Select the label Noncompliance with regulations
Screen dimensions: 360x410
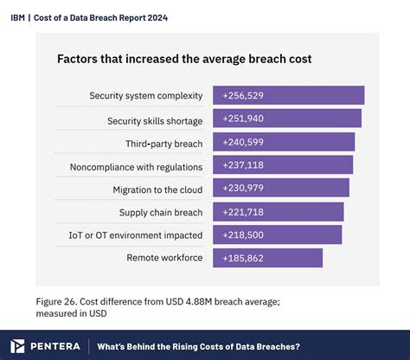pyautogui.click(x=136, y=165)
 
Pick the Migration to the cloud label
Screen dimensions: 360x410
pyautogui.click(x=157, y=189)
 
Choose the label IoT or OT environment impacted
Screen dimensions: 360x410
pyautogui.click(x=136, y=235)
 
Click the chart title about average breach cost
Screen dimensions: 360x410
pyautogui.click(x=184, y=60)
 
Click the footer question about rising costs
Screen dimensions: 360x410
pyautogui.click(x=198, y=345)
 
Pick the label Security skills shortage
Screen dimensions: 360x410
pyautogui.click(x=155, y=119)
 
